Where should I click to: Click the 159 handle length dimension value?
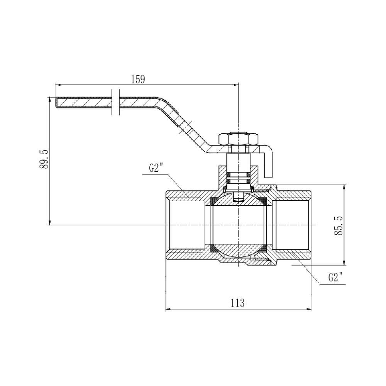point(138,79)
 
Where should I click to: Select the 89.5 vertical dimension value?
point(44,159)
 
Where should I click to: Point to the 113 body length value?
point(238,303)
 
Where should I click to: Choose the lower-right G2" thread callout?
point(335,278)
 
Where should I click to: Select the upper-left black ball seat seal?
point(213,201)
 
